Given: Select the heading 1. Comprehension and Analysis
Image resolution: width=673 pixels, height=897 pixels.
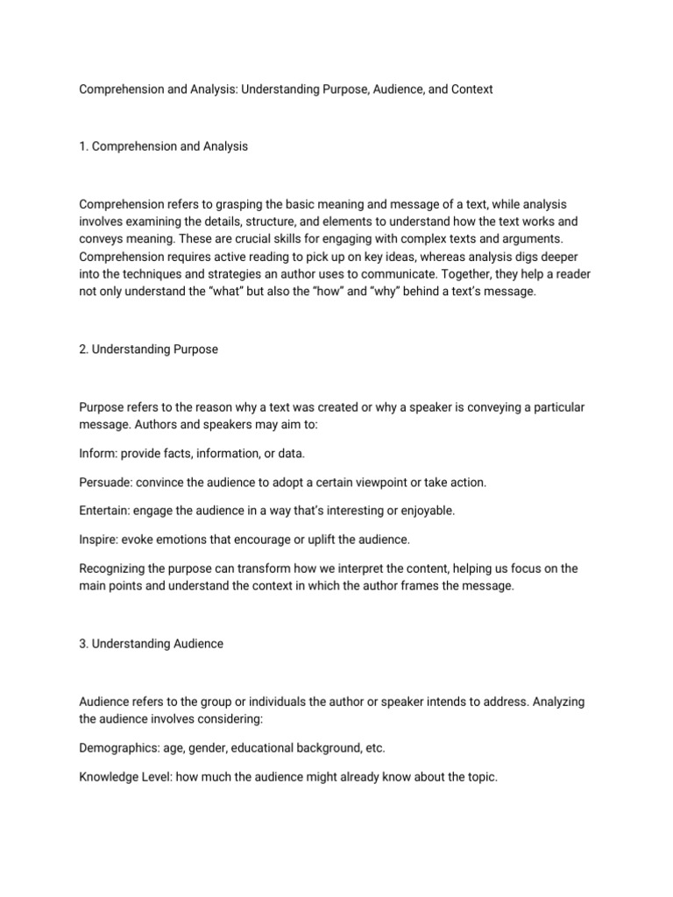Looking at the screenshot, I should [163, 146].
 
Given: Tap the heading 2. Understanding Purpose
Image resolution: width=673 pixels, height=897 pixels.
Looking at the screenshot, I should [148, 349].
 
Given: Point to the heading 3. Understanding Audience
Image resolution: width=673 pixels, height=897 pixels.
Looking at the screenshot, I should [151, 643].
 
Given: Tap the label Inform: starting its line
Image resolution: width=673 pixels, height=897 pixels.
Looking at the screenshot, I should [98, 453].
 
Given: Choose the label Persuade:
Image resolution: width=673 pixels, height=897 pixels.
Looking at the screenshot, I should [106, 483].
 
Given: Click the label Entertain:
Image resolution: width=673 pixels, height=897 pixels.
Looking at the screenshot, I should [106, 510].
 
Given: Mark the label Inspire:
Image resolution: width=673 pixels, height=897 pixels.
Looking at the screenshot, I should [99, 538].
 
